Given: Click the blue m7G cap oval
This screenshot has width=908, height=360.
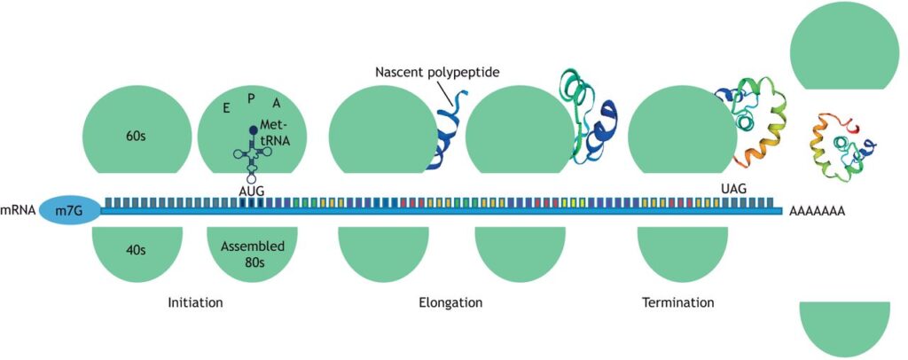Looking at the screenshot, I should (69, 211).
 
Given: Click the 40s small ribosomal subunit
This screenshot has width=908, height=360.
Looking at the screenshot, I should (136, 250).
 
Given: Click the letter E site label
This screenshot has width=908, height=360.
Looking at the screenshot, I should (226, 107).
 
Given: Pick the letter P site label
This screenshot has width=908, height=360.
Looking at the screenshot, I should (251, 98).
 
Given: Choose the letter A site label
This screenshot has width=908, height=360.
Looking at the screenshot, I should (277, 105).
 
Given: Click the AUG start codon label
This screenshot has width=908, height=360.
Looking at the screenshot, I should (253, 189).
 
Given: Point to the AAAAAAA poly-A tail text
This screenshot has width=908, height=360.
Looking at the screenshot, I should (817, 212).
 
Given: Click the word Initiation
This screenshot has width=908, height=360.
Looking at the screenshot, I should (194, 302).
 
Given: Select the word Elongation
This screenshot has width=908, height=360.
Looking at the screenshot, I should (450, 302).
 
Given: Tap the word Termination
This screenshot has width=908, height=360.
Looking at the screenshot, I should (677, 302).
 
